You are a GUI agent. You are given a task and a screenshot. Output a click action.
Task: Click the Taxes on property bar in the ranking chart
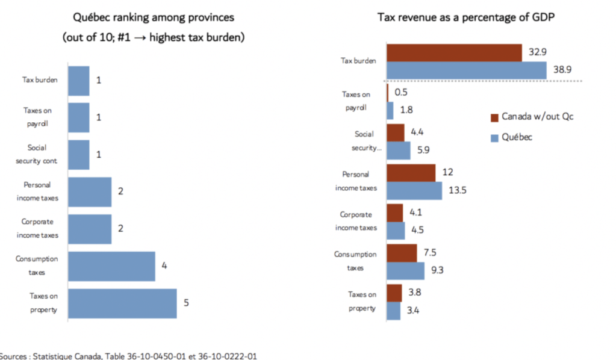click(x=122, y=303)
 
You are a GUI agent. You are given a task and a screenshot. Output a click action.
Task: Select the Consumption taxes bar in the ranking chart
click(x=111, y=266)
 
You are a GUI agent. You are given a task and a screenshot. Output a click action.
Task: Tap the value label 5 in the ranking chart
click(x=186, y=303)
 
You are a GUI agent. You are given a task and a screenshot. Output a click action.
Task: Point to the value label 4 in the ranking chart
click(x=164, y=265)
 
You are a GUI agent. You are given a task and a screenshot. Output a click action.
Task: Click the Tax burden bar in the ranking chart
click(x=78, y=81)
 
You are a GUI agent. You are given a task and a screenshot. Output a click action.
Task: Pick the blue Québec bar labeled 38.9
click(x=466, y=70)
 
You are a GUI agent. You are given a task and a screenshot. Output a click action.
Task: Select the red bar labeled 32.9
click(x=454, y=53)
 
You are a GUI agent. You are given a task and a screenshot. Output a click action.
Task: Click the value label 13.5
click(x=458, y=191)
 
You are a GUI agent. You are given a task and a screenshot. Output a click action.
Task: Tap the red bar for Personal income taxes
click(x=411, y=173)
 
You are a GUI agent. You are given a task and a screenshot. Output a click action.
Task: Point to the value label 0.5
click(x=400, y=93)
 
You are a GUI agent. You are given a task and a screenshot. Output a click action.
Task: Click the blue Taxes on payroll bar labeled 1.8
click(x=390, y=110)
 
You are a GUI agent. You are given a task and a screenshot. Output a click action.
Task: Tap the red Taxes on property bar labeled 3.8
click(x=394, y=293)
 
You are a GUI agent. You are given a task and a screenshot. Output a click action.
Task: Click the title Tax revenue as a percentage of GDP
click(x=466, y=17)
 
